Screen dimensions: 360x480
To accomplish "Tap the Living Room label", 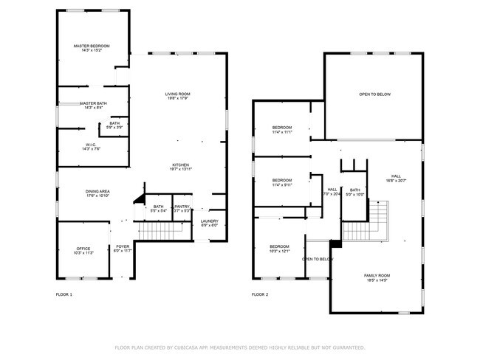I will [177, 94].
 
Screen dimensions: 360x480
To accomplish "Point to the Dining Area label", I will [97, 192].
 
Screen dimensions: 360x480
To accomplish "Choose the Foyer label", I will [123, 247].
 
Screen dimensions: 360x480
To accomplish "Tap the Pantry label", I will [182, 207].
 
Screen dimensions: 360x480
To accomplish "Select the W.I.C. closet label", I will [92, 145].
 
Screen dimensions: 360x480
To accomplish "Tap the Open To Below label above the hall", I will [374, 94].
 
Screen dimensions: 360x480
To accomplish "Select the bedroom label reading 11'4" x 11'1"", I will [282, 130].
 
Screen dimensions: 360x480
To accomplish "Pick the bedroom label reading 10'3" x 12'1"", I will [279, 249].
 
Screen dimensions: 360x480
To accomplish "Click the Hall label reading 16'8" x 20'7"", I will [396, 177].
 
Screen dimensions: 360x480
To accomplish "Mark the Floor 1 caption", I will [64, 294].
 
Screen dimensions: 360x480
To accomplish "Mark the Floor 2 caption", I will [260, 294].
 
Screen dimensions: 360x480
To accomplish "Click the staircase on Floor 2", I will [377, 221].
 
